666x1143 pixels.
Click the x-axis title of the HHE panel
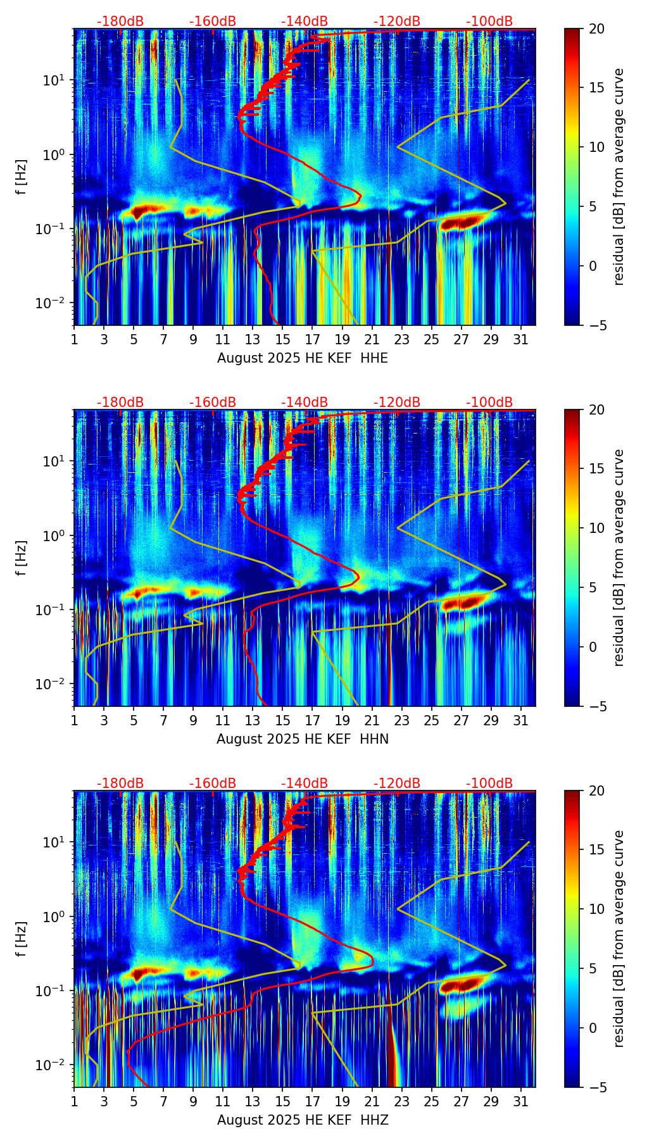click(x=302, y=358)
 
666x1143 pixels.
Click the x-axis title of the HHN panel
click(x=302, y=739)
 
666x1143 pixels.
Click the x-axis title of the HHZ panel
click(x=302, y=1120)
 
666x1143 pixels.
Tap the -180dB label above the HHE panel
click(x=120, y=22)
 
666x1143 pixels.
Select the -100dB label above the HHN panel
click(x=489, y=403)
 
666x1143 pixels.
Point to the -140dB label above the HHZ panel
click(x=305, y=784)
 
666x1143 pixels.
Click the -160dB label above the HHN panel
click(x=213, y=403)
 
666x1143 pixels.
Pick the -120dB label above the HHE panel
click(x=397, y=22)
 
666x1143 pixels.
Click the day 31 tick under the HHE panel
click(x=521, y=339)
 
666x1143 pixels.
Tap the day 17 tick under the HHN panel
click(x=313, y=720)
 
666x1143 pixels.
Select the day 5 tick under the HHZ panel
click(x=134, y=1101)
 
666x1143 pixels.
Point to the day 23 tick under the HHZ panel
click(x=402, y=1101)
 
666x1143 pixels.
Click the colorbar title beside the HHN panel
click(x=619, y=558)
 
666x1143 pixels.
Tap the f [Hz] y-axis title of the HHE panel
click(x=22, y=177)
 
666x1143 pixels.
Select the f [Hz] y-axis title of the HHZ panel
click(x=22, y=939)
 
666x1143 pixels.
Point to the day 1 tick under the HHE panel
click(x=74, y=339)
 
